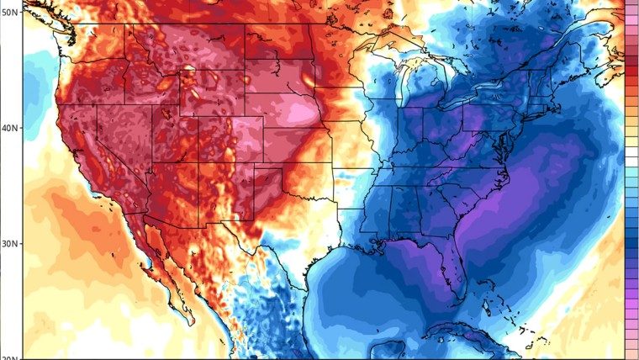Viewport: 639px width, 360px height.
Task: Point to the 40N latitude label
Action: coord(10,129)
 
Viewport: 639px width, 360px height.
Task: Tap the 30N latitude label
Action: coord(10,244)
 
